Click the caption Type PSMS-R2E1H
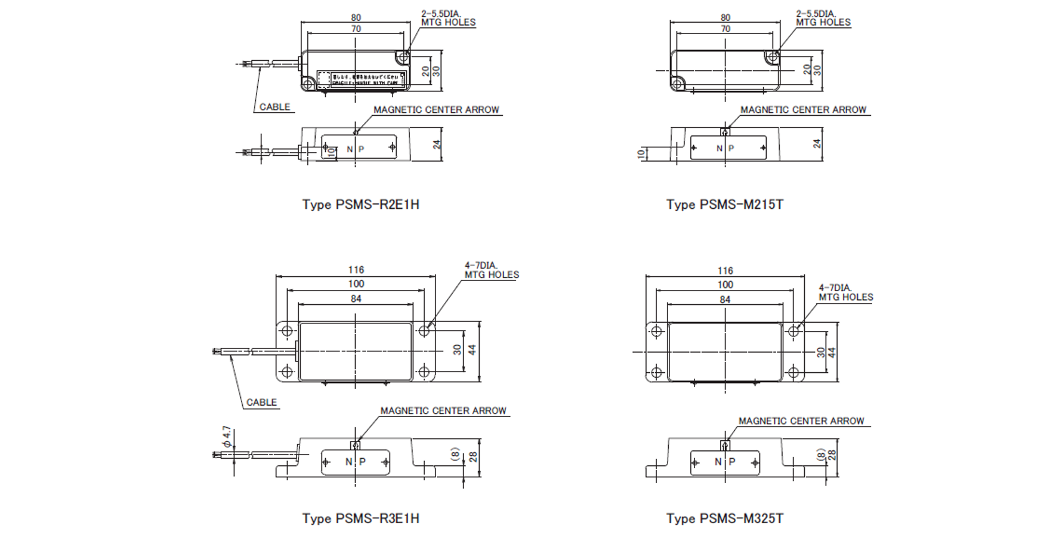point(360,205)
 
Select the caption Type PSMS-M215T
point(724,205)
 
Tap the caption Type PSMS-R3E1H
point(360,518)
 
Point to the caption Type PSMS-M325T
point(724,518)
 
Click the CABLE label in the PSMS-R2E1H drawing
point(274,107)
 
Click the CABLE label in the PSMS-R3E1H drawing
point(261,402)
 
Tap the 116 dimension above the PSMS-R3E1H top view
point(356,270)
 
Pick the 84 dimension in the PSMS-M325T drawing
point(725,299)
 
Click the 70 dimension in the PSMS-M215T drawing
point(725,29)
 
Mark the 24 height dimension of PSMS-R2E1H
point(437,144)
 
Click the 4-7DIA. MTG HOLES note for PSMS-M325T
point(845,292)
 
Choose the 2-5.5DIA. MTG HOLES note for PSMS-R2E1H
point(448,18)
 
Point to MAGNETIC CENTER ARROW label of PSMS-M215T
point(803,110)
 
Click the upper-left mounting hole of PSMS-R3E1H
point(287,330)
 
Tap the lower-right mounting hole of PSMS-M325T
point(793,373)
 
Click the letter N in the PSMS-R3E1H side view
point(348,462)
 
